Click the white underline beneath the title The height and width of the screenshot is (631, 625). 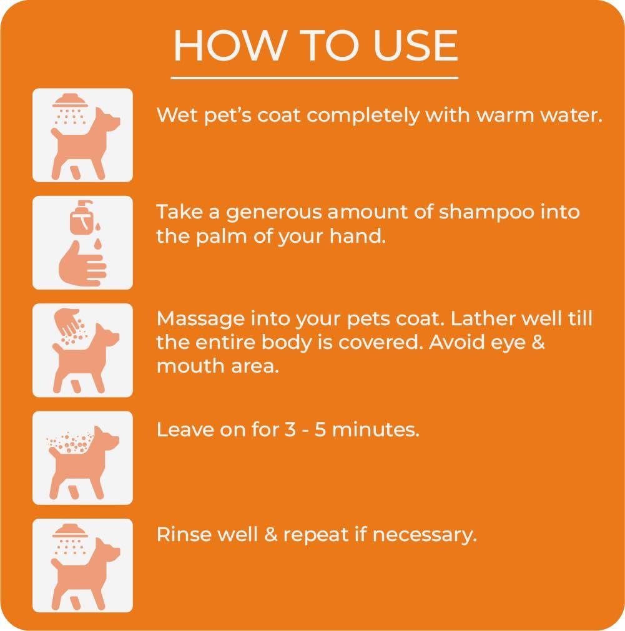pyautogui.click(x=314, y=78)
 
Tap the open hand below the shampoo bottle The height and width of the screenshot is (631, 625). pyautogui.click(x=81, y=264)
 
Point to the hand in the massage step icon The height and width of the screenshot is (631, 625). pyautogui.click(x=67, y=321)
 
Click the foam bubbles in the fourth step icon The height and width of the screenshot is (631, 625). pyautogui.click(x=69, y=444)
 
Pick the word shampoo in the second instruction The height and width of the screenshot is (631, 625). pyautogui.click(x=486, y=212)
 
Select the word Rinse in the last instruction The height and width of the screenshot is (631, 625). pyautogui.click(x=182, y=535)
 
